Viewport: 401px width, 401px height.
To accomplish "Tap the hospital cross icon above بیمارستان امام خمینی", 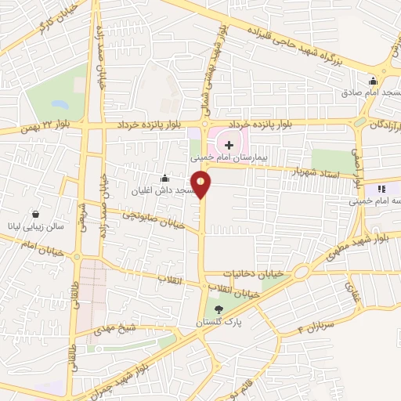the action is (229, 145).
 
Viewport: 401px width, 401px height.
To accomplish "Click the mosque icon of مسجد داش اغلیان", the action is (164, 179).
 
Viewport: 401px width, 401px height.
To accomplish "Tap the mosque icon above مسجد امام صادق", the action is (374, 80).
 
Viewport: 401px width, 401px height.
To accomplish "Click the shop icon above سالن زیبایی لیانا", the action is (36, 214).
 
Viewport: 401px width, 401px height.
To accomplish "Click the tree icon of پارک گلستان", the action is (218, 310).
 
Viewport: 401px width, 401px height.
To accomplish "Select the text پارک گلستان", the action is (219, 322).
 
